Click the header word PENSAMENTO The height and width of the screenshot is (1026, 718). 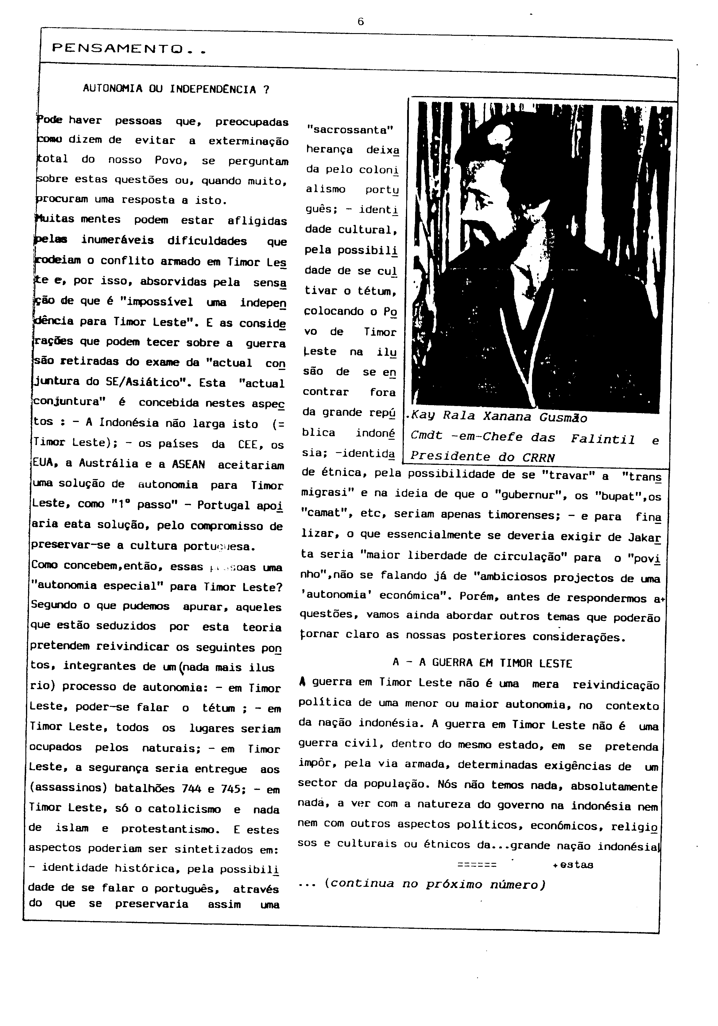(119, 48)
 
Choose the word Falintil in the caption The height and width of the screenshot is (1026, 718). (603, 439)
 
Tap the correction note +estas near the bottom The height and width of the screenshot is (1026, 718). (573, 865)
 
